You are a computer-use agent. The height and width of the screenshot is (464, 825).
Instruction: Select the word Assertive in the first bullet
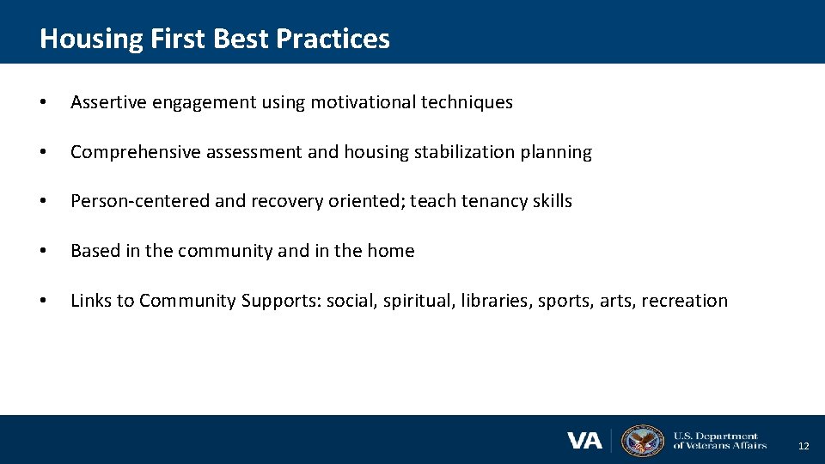point(108,102)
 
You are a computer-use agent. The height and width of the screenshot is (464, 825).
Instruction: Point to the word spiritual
point(419,301)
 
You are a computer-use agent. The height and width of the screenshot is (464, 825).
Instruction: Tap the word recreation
point(684,301)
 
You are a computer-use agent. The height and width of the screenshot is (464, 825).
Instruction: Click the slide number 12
point(804,446)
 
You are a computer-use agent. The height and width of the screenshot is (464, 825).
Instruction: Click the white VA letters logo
point(584,441)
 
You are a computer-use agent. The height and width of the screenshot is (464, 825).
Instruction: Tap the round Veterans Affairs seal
point(642,440)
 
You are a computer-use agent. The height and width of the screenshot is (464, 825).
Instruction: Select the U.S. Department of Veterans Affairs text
point(719,441)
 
